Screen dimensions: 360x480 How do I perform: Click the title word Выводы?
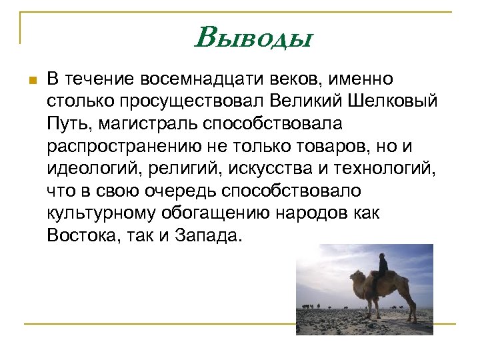pyautogui.click(x=253, y=37)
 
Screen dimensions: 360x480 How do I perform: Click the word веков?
pyautogui.click(x=301, y=79)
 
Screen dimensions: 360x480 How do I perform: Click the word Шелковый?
pyautogui.click(x=393, y=101)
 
